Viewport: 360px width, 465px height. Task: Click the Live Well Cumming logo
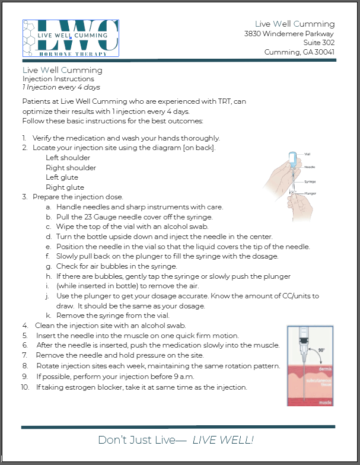[71, 38]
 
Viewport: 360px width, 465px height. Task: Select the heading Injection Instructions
[58, 79]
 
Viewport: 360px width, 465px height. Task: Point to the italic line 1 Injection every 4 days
[61, 87]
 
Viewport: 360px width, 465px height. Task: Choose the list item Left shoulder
[68, 158]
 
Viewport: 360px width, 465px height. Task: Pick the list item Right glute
[65, 187]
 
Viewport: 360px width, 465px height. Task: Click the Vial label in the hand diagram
[307, 154]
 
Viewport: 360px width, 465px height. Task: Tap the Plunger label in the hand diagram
[310, 194]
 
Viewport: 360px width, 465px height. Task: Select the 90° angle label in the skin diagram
[323, 350]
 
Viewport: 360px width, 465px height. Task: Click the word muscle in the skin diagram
[325, 402]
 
